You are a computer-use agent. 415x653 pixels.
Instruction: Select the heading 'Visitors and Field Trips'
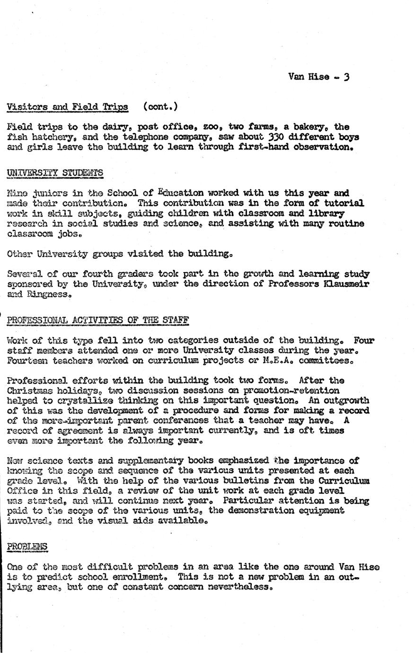click(x=68, y=107)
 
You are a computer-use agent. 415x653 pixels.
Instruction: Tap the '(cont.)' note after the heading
click(x=160, y=107)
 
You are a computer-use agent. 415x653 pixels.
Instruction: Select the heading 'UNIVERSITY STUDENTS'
click(x=55, y=173)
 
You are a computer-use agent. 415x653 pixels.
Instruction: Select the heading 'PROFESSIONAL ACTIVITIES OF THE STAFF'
click(x=98, y=320)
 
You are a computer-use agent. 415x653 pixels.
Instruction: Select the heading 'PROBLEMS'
click(x=27, y=547)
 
